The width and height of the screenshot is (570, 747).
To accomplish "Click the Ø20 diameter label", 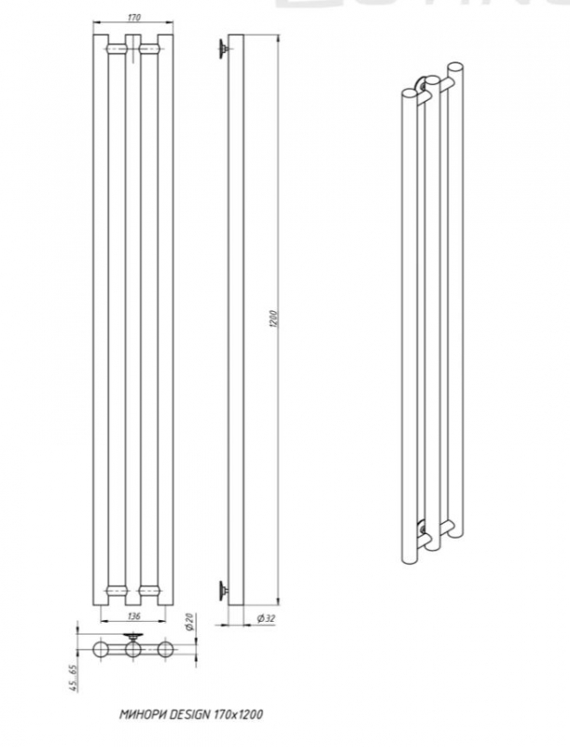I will (x=189, y=622).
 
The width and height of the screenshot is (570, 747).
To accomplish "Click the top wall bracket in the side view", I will (x=222, y=49).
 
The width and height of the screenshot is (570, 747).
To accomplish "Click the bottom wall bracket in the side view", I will (x=222, y=587).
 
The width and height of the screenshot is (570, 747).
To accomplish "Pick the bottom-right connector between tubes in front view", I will (x=148, y=590).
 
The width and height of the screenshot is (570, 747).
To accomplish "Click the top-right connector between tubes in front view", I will (x=148, y=47).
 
